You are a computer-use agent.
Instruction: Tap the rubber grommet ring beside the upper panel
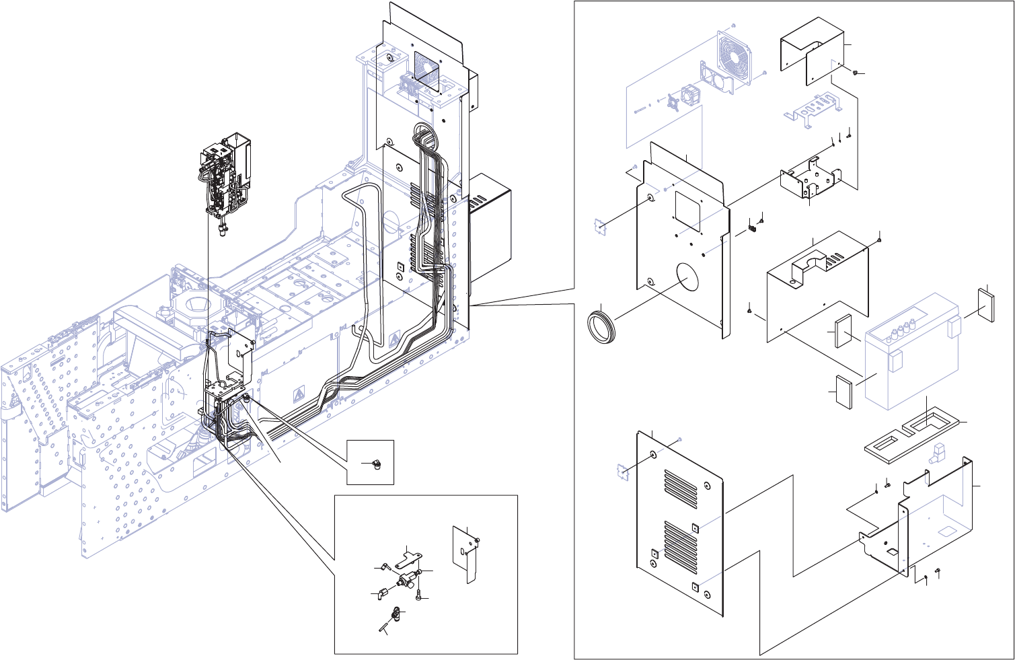tap(602, 325)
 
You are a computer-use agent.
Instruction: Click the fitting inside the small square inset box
tap(375, 465)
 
